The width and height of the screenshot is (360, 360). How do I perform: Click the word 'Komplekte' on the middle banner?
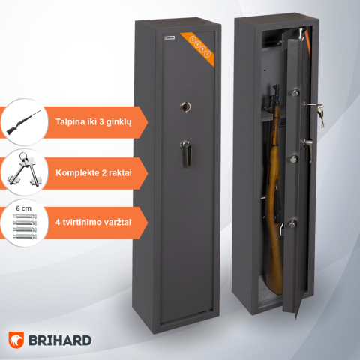(77, 172)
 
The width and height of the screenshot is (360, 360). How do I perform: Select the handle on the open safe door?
(305, 144)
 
